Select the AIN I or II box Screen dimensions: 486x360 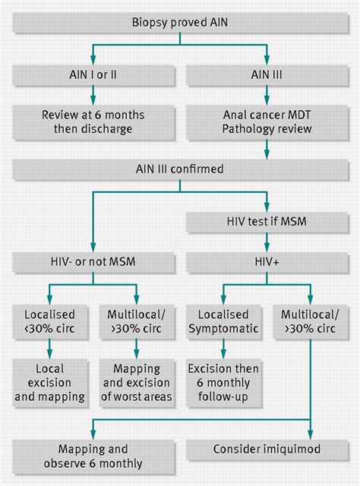[x=93, y=76]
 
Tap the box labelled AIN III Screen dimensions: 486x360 [x=266, y=76]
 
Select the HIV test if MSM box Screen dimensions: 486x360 [x=266, y=222]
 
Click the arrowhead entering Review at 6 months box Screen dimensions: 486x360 [x=93, y=103]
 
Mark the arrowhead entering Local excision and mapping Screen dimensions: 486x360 [x=49, y=355]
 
